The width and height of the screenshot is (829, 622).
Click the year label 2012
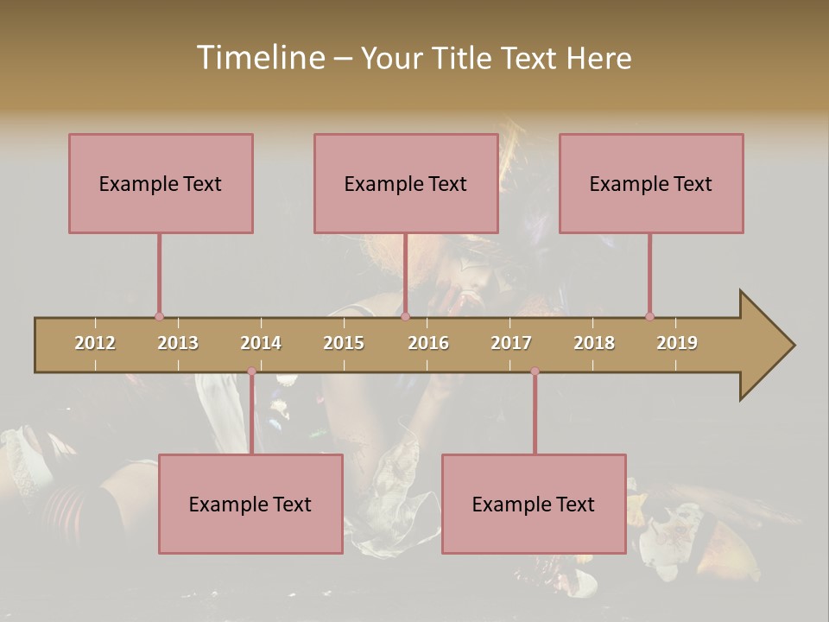(x=95, y=343)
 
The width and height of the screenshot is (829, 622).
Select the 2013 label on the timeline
(x=178, y=343)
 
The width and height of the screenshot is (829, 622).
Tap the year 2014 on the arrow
(x=261, y=343)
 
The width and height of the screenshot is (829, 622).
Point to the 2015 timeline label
(x=344, y=343)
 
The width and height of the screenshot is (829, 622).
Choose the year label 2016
(x=428, y=343)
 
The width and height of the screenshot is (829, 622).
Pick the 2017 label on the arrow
(x=511, y=343)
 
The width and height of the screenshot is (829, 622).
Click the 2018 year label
(x=594, y=343)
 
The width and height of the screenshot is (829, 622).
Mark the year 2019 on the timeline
(x=677, y=343)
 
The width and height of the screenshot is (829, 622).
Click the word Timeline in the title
(x=260, y=58)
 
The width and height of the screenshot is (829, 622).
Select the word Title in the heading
(x=464, y=58)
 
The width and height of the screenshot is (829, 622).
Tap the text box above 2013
(x=161, y=183)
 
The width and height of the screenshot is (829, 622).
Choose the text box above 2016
(x=406, y=183)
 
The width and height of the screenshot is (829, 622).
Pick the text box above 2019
(x=651, y=183)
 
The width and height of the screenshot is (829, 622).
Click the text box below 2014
(x=250, y=504)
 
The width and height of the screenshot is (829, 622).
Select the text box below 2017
(x=534, y=504)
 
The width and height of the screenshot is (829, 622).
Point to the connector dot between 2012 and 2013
(x=159, y=316)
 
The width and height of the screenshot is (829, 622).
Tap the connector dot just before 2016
(x=406, y=316)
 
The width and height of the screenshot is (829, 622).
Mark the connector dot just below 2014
(x=251, y=371)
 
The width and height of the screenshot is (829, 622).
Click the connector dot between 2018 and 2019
(x=650, y=316)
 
